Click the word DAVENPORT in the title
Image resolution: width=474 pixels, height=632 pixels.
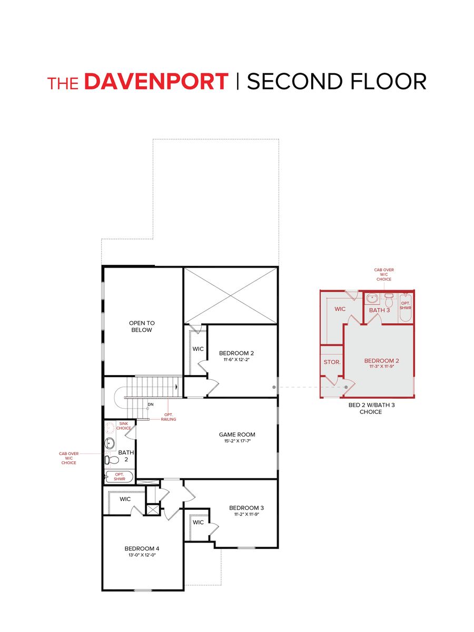pyautogui.click(x=156, y=82)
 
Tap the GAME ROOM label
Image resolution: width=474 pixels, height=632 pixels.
pyautogui.click(x=237, y=434)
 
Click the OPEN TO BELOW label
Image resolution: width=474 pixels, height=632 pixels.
pyautogui.click(x=142, y=327)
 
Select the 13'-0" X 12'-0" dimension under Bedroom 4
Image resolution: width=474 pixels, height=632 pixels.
pyautogui.click(x=142, y=555)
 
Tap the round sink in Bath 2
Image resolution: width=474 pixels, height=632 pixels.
pyautogui.click(x=110, y=442)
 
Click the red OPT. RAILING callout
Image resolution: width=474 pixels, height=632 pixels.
pyautogui.click(x=169, y=417)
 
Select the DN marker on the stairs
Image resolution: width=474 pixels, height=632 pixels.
pyautogui.click(x=150, y=404)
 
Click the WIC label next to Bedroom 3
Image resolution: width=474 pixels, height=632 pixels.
pyautogui.click(x=198, y=522)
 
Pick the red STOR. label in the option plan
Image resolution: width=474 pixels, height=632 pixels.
pyautogui.click(x=332, y=362)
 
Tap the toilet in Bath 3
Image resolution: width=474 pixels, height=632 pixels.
pyautogui.click(x=389, y=301)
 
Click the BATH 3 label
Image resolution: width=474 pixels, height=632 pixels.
pyautogui.click(x=379, y=310)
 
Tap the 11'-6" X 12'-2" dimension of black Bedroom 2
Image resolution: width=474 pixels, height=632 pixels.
pyautogui.click(x=240, y=360)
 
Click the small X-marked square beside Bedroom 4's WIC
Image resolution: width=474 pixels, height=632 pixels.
pyautogui.click(x=153, y=509)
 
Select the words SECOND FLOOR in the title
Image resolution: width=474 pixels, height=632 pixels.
pyautogui.click(x=336, y=82)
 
